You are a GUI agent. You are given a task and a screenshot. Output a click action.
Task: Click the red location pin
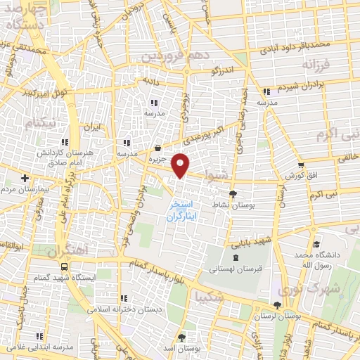[182, 165]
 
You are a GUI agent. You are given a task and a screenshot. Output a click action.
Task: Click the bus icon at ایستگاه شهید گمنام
[65, 267]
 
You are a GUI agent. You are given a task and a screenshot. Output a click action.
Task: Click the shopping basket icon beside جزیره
[157, 148]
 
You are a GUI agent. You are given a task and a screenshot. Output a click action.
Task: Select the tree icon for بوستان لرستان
[279, 305]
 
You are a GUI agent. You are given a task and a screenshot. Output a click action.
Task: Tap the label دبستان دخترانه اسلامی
[124, 307]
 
